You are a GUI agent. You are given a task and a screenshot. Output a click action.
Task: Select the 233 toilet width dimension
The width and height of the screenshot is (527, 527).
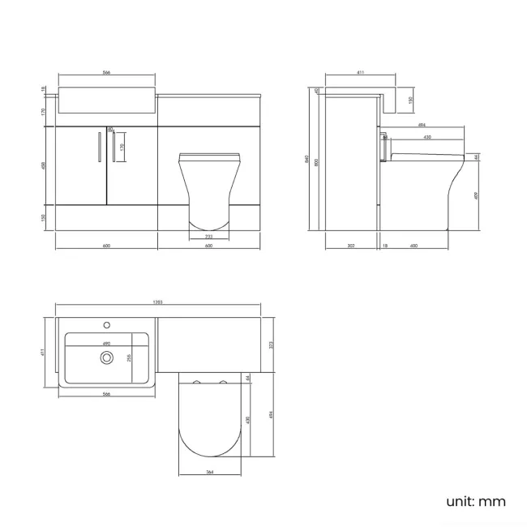pyautogui.click(x=208, y=235)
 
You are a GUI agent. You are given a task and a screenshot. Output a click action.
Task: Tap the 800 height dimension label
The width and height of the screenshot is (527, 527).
pyautogui.click(x=316, y=161)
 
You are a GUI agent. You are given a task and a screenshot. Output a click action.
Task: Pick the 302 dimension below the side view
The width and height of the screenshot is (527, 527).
pyautogui.click(x=349, y=246)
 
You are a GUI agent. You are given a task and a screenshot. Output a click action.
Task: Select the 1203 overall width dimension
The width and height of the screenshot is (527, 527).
pyautogui.click(x=157, y=303)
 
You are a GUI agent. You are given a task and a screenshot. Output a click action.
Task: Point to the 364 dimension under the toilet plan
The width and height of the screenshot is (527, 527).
pyautogui.click(x=209, y=472)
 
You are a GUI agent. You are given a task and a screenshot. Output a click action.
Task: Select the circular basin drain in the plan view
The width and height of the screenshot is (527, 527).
pyautogui.click(x=105, y=355)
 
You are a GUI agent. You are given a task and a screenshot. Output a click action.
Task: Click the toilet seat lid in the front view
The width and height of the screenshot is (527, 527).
pyautogui.click(x=209, y=155)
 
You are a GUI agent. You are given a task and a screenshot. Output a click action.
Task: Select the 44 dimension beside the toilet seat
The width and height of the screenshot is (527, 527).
pyautogui.click(x=477, y=156)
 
